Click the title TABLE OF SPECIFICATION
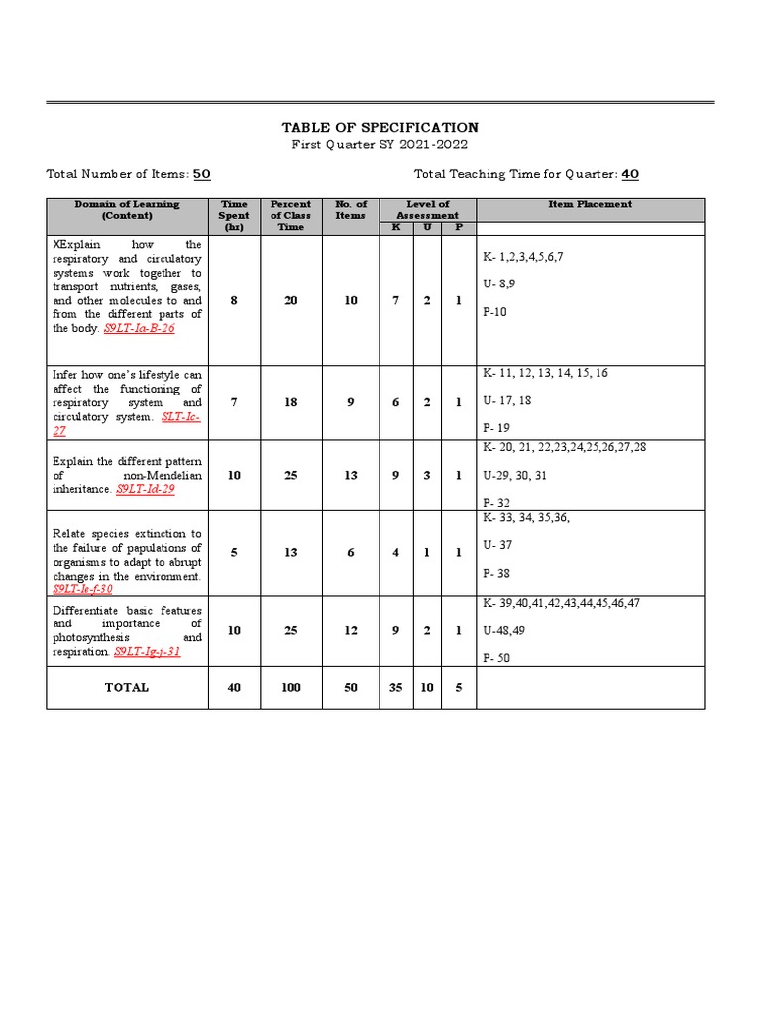pyautogui.click(x=380, y=128)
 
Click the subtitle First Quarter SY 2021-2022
pyautogui.click(x=380, y=145)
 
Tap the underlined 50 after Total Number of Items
pyautogui.click(x=202, y=174)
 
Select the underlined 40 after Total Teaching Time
pyautogui.click(x=630, y=174)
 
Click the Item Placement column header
pyautogui.click(x=590, y=205)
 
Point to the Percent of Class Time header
pyautogui.click(x=290, y=215)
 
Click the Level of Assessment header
pyautogui.click(x=427, y=209)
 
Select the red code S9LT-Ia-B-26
pyautogui.click(x=139, y=328)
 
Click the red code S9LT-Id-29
pyautogui.click(x=145, y=490)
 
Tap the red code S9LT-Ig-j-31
pyautogui.click(x=147, y=652)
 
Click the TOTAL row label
pyautogui.click(x=127, y=687)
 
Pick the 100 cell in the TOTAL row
pyautogui.click(x=290, y=687)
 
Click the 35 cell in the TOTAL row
pyautogui.click(x=395, y=687)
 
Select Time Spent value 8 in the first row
pyautogui.click(x=234, y=300)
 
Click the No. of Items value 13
pyautogui.click(x=351, y=475)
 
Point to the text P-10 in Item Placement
pyautogui.click(x=496, y=312)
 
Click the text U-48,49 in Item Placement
pyautogui.click(x=505, y=629)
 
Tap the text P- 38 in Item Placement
pyautogui.click(x=497, y=573)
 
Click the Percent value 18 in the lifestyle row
pyautogui.click(x=290, y=403)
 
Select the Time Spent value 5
pyautogui.click(x=234, y=552)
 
